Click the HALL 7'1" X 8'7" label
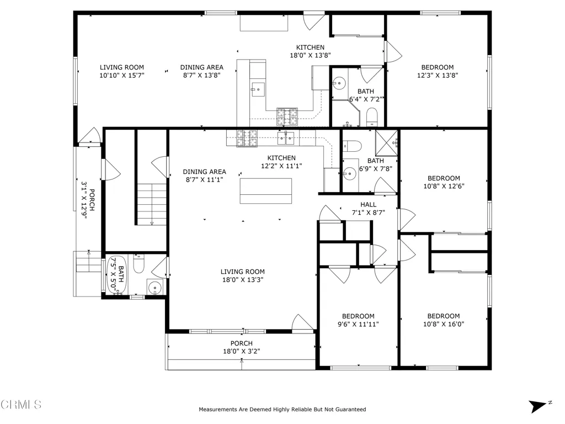click(368, 208)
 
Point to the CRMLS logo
click(21, 405)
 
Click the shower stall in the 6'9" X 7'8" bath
click(387, 142)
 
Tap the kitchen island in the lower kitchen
click(266, 190)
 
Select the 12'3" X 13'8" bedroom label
click(438, 71)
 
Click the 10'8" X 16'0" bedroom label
click(444, 320)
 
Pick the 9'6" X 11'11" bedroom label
click(358, 320)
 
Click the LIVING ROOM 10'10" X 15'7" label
click(121, 71)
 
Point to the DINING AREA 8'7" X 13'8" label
click(201, 71)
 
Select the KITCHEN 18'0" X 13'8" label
click(310, 51)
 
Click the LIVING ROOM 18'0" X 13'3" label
click(242, 275)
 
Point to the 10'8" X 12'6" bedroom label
click(444, 182)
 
